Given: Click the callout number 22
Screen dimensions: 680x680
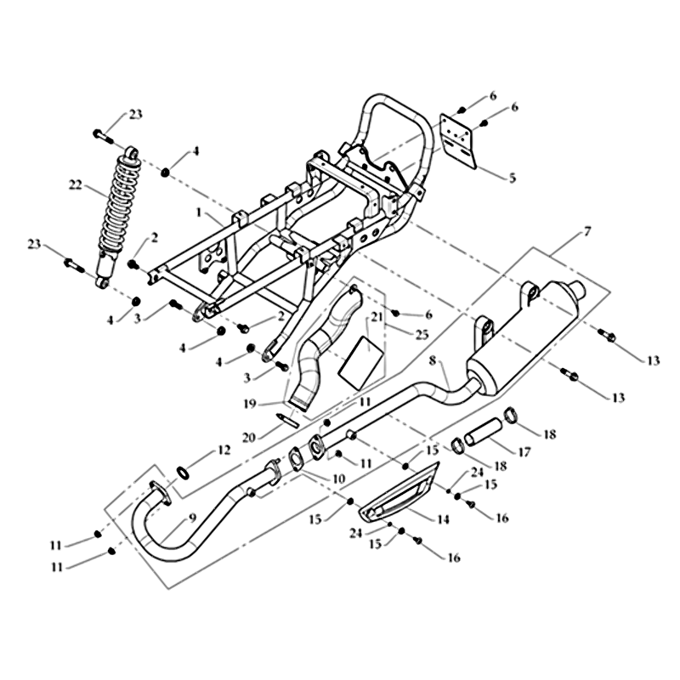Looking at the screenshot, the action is pos(76,184).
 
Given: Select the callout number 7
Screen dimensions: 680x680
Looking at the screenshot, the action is pos(586,231).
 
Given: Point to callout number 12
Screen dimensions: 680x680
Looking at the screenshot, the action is pos(224,450).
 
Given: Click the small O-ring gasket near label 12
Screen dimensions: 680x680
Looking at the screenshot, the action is pos(183,473).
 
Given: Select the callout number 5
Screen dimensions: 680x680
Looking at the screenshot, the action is pos(513,178).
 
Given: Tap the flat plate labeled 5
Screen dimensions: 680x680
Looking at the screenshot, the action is pos(458,142).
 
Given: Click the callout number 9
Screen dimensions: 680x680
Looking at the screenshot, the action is pos(192,518).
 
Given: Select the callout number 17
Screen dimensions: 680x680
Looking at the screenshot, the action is pos(524,452).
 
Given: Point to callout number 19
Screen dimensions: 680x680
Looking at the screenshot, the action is pos(250,405).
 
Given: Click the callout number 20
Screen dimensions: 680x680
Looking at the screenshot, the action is pos(248,438).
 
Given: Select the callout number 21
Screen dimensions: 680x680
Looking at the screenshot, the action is pos(377,316).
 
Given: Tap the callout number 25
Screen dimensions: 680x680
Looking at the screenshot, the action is pos(422,335).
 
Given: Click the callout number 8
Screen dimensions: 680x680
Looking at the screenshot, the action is pos(433,360).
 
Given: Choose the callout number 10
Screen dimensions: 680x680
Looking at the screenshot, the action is pos(337,479).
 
